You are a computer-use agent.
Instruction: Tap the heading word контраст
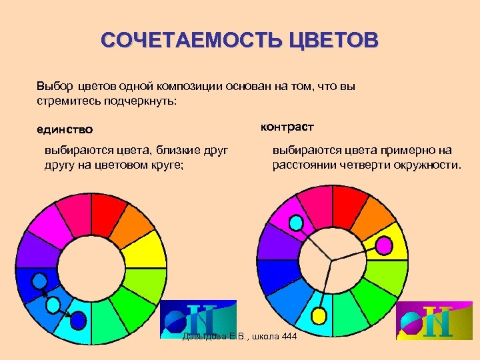(287, 126)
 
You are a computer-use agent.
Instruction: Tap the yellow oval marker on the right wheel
(319, 314)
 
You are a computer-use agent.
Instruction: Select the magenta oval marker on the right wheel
(384, 246)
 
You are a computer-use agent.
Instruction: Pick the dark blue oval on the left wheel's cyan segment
(79, 321)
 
